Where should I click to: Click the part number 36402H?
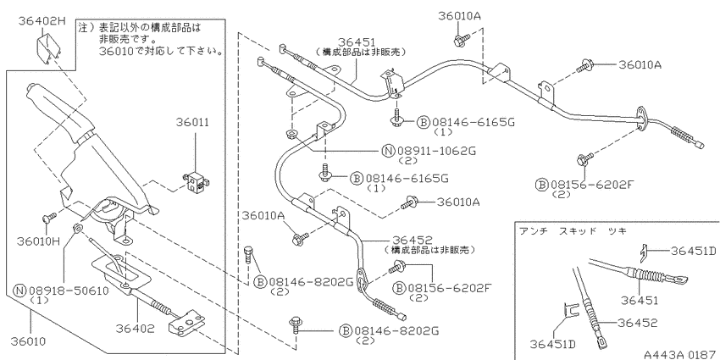[42, 20]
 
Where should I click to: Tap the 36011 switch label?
[193, 122]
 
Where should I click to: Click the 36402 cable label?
[135, 329]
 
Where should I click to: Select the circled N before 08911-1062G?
[389, 151]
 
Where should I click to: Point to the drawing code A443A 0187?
[681, 354]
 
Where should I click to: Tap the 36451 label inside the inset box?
[640, 301]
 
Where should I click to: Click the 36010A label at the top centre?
[459, 16]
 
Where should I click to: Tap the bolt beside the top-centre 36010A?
[461, 41]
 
